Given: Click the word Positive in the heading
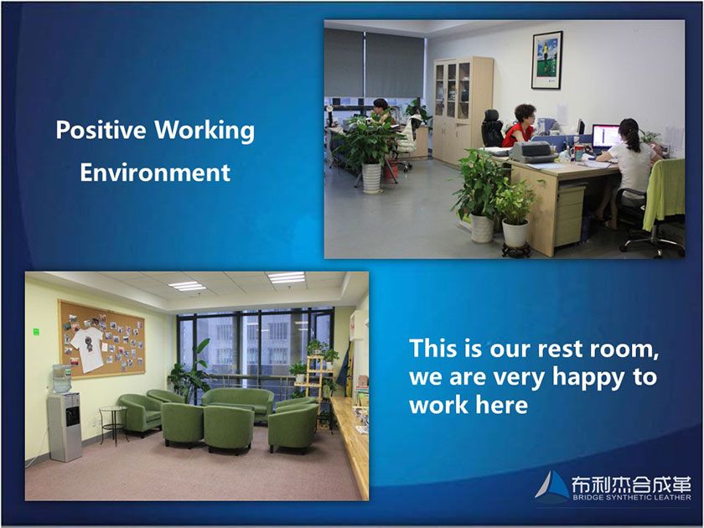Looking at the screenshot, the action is point(101,130).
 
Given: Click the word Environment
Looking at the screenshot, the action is point(155,173).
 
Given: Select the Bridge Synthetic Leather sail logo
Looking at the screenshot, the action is point(552,485).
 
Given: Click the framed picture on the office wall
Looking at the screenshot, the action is point(546,60).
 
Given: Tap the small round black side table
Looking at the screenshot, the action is point(114,424).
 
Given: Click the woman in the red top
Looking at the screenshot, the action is point(519,127).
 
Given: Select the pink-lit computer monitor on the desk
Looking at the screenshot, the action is point(607,137).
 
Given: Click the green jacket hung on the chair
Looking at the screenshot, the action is point(664,194).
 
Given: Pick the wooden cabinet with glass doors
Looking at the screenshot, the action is point(463,110).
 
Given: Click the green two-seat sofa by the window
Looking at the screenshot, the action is point(238,403).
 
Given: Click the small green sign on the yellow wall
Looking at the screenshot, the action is point(36,332).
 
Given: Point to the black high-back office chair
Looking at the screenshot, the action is point(492,128).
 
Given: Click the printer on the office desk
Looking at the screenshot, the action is point(533,153).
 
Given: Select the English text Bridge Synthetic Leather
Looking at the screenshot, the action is point(632,498).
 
